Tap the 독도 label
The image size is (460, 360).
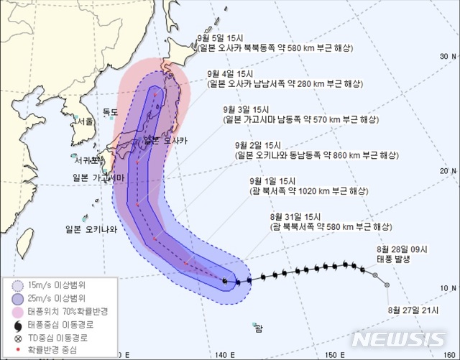pos(110,112)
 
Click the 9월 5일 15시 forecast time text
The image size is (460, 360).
pos(220,37)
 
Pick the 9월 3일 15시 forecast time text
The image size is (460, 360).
pos(247,109)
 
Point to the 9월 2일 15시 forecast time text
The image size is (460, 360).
pos(259,145)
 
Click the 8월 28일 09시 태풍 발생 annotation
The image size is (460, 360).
pos(402,254)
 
